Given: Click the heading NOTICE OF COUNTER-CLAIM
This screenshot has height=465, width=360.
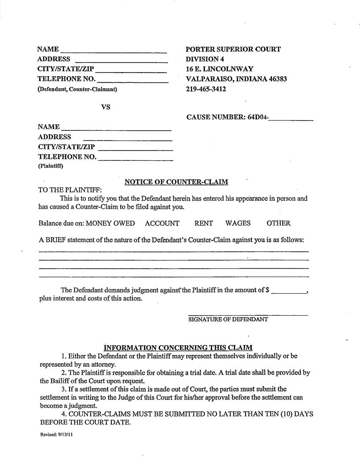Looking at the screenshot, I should pyautogui.click(x=176, y=182).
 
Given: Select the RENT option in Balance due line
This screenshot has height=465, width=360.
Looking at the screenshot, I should pyautogui.click(x=203, y=223).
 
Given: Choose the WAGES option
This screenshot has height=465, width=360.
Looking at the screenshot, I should pyautogui.click(x=238, y=223).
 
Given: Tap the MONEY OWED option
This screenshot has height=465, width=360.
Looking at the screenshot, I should pyautogui.click(x=110, y=223).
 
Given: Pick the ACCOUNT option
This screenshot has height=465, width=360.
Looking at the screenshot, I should pyautogui.click(x=162, y=223).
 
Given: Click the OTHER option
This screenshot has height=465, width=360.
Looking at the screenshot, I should pyautogui.click(x=278, y=223).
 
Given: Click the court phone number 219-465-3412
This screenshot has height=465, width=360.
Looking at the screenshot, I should pyautogui.click(x=206, y=89).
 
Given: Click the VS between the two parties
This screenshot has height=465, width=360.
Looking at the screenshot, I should pyautogui.click(x=106, y=107).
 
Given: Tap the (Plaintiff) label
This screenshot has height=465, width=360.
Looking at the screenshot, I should pyautogui.click(x=51, y=166).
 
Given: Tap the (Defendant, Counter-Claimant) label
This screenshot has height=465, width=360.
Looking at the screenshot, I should pyautogui.click(x=77, y=89).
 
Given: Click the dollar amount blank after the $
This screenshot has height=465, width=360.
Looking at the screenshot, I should pyautogui.click(x=289, y=291).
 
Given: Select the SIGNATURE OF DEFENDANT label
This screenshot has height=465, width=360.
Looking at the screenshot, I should pyautogui.click(x=228, y=319).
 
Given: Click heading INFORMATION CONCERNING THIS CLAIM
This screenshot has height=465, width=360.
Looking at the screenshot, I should pyautogui.click(x=178, y=347).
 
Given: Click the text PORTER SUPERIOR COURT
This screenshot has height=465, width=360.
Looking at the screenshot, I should pyautogui.click(x=233, y=49).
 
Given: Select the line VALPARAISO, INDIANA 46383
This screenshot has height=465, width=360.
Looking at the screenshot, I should pyautogui.click(x=236, y=79).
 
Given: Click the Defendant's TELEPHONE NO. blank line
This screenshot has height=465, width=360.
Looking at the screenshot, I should pyautogui.click(x=132, y=80).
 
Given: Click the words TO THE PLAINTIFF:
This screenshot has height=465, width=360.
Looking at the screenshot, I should pyautogui.click(x=70, y=190).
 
